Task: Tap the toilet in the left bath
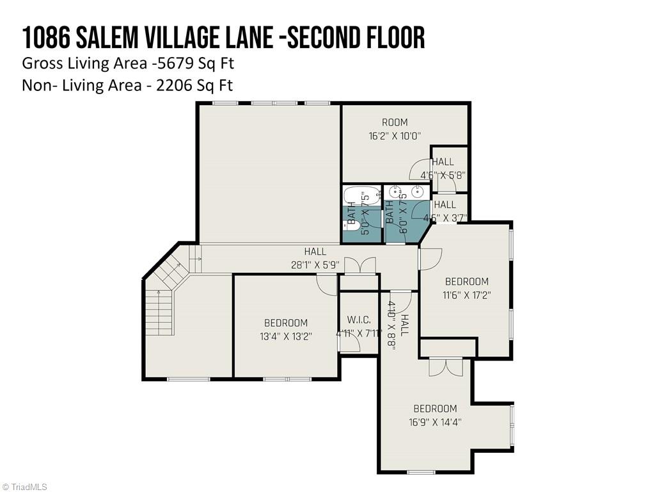[x=347, y=224]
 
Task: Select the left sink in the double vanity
[x=396, y=191]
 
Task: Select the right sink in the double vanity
[x=418, y=191]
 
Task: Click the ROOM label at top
[x=395, y=122]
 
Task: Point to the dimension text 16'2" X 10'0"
[x=395, y=136]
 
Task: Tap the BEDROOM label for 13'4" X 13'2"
[x=285, y=323]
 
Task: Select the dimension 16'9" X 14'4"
[x=434, y=422]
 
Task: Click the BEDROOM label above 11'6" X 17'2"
[x=466, y=281]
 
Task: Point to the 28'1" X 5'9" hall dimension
[x=315, y=265]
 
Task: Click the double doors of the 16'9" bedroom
[x=445, y=368]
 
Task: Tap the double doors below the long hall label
[x=359, y=265]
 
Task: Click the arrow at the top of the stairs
[x=196, y=259]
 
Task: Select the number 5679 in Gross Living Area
[x=173, y=63]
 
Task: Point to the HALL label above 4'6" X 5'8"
[x=443, y=162]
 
